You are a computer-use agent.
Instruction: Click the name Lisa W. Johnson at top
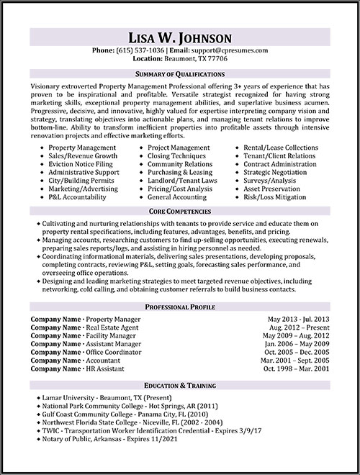179,37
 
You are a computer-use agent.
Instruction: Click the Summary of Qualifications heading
179,74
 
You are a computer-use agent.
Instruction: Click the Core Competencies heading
179,213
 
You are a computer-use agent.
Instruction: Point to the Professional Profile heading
179,307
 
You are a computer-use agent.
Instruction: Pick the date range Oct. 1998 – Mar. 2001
296,368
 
